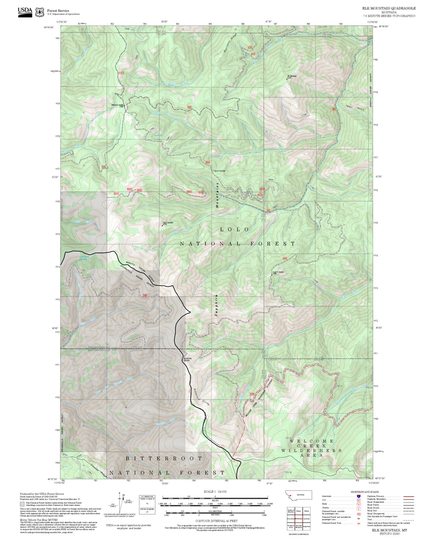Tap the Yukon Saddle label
point(219,171)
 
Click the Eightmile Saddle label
point(187,359)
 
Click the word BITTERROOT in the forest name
point(164,459)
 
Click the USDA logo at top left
point(25,12)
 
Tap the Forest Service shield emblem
point(40,12)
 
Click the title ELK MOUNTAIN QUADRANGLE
point(389,8)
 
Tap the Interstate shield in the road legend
point(359,496)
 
